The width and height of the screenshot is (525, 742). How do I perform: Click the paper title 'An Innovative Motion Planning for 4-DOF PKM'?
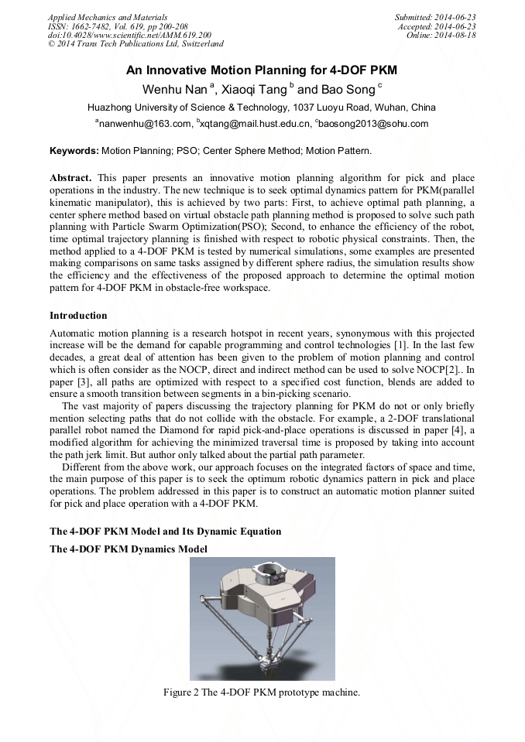pyautogui.click(x=262, y=70)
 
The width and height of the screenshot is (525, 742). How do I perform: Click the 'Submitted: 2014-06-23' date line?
pyautogui.click(x=435, y=17)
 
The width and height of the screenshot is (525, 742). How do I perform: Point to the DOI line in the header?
pyautogui.click(x=129, y=36)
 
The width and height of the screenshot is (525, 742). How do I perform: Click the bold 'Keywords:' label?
pyautogui.click(x=74, y=150)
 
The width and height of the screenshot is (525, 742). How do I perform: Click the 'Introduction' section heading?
pyautogui.click(x=78, y=316)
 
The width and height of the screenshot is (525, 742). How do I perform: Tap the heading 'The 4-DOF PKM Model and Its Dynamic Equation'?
pyautogui.click(x=165, y=532)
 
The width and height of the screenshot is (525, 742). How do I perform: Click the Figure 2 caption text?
pyautogui.click(x=262, y=692)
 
